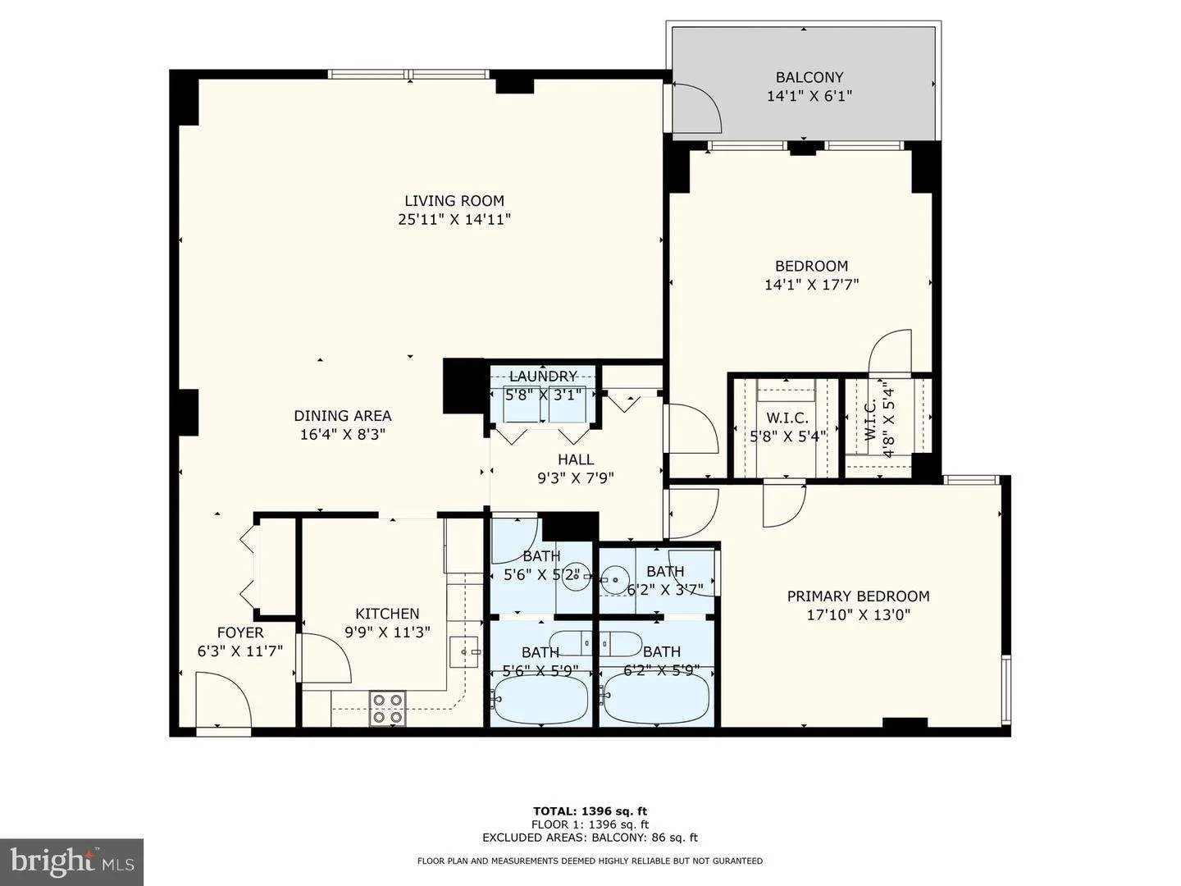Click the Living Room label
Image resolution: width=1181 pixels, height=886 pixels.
pos(454,201)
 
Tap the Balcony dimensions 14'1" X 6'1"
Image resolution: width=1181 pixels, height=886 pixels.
pos(809,96)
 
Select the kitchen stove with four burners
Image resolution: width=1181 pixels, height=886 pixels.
pos(387,707)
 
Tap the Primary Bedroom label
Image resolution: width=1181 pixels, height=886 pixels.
pos(858,596)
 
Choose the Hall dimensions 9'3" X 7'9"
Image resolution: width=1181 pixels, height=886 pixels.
pos(576,477)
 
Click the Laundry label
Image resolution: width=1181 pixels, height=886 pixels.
pos(543,376)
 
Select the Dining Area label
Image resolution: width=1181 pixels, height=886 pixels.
pos(343,415)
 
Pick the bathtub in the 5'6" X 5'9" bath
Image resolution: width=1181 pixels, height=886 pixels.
pos(541,699)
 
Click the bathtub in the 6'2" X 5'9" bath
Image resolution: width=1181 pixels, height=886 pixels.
pos(655,699)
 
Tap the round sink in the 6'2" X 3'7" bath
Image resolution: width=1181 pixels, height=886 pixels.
pos(614,580)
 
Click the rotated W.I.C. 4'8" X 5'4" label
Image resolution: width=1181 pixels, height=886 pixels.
pos(879,422)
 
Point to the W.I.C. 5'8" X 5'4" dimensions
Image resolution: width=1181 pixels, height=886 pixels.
pos(787,436)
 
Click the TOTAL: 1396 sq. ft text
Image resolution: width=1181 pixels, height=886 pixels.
pos(590,811)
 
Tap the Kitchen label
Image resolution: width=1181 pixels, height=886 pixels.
pos(387,614)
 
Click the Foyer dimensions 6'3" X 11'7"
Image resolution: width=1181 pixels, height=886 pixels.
pos(240,651)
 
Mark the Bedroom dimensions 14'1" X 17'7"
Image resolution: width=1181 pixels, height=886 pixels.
pos(811,285)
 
